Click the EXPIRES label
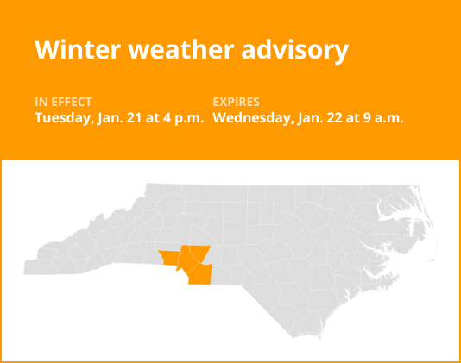[x=236, y=102]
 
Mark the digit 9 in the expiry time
[x=364, y=117]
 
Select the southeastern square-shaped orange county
[x=200, y=274]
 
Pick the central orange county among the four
[x=186, y=257]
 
